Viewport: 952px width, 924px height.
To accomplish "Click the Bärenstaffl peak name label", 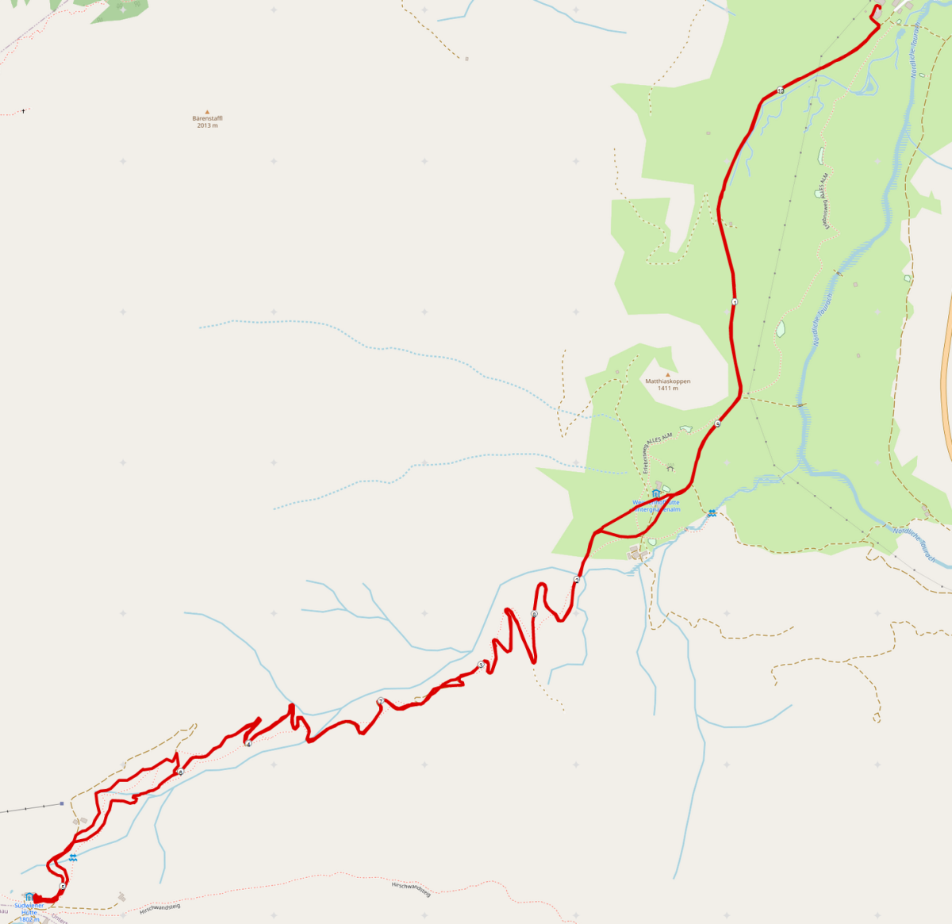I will coord(207,118).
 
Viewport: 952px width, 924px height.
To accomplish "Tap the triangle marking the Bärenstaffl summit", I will coord(207,112).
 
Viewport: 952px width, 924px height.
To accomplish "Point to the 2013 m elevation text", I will coord(207,125).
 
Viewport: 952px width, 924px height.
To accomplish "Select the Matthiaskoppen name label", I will coord(667,381).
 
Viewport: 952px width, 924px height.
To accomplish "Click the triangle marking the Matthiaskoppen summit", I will coord(667,374).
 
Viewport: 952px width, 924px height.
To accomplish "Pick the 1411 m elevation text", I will coord(667,389).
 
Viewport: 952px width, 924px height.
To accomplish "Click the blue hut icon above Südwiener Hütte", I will coord(29,896).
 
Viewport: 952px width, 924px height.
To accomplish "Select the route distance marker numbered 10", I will coord(781,90).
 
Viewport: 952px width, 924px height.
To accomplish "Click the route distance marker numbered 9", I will coord(717,424).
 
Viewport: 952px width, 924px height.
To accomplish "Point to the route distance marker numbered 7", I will coord(381,701).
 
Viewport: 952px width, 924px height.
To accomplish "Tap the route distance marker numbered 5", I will coord(63,886).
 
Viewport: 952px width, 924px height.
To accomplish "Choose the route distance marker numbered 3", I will coord(481,665).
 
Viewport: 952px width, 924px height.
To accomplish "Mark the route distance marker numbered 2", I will coord(577,580).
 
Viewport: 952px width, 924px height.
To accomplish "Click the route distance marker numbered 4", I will coord(248,744).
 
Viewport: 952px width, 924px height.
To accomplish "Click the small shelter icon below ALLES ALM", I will coord(670,468).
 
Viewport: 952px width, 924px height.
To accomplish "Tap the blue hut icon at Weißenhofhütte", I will coord(656,493).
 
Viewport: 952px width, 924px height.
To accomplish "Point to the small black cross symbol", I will coord(23,110).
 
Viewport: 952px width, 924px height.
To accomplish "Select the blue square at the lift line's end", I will coord(61,803).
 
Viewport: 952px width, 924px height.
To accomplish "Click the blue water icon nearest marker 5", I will coord(73,858).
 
